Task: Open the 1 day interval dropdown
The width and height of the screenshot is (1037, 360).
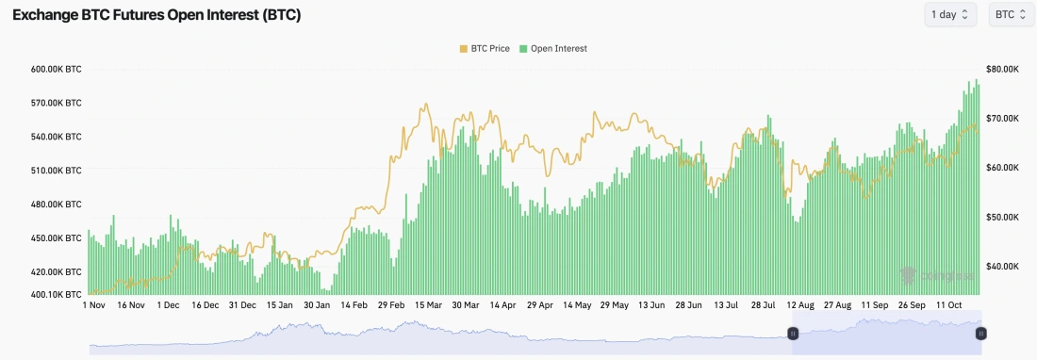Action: pyautogui.click(x=950, y=15)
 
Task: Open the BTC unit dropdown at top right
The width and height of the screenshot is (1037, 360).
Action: pyautogui.click(x=1010, y=15)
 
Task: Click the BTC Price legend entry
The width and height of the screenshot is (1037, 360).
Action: pyautogui.click(x=485, y=48)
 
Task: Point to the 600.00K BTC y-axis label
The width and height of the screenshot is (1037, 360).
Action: pyautogui.click(x=57, y=70)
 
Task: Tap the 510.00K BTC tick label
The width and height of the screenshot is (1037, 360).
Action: pyautogui.click(x=57, y=171)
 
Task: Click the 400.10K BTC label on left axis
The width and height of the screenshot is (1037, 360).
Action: pyautogui.click(x=57, y=295)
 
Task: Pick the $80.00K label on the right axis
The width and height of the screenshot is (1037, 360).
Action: pyautogui.click(x=1002, y=70)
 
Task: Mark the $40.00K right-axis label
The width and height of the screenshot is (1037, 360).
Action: pyautogui.click(x=1002, y=267)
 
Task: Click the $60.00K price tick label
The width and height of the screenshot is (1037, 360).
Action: pyautogui.click(x=1002, y=168)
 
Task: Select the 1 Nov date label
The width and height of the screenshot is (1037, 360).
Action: pyautogui.click(x=95, y=305)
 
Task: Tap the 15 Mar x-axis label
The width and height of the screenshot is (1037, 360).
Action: pyautogui.click(x=428, y=305)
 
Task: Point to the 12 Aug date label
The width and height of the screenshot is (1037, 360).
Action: pyautogui.click(x=799, y=305)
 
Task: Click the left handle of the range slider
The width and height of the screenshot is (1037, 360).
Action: pyautogui.click(x=793, y=334)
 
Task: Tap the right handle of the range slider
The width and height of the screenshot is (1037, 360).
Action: pyautogui.click(x=981, y=334)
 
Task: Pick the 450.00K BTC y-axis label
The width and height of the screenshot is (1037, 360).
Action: pyautogui.click(x=57, y=238)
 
